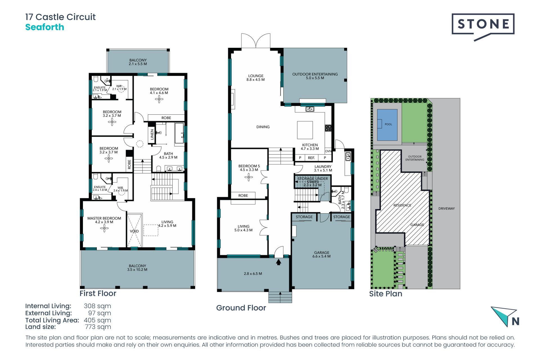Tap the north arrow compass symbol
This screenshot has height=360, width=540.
pos(505,317)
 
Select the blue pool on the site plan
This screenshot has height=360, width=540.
pos(387,125)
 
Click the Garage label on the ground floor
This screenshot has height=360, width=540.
pos(321,254)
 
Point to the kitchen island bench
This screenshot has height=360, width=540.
pos(305,130)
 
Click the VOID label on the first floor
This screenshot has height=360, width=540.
pos(134,231)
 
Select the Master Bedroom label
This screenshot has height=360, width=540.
pos(104,220)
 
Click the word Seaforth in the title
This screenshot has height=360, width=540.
pos(45,27)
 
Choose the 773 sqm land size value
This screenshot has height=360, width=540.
pos(98,327)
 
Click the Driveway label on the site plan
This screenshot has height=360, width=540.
pos(446,208)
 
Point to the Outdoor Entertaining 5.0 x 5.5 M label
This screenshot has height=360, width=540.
pos(315,76)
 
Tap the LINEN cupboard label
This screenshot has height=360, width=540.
pos(152,134)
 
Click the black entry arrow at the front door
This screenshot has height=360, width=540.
pos(278,262)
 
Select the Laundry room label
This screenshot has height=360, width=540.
pos(323,168)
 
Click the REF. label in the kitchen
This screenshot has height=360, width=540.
pos(311,158)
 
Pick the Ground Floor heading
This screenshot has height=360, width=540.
pos(241,308)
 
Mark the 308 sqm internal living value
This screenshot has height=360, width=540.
pos(97,306)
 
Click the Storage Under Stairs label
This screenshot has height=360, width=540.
pos(312,182)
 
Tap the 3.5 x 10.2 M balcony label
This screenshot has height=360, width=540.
pos(137,267)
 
